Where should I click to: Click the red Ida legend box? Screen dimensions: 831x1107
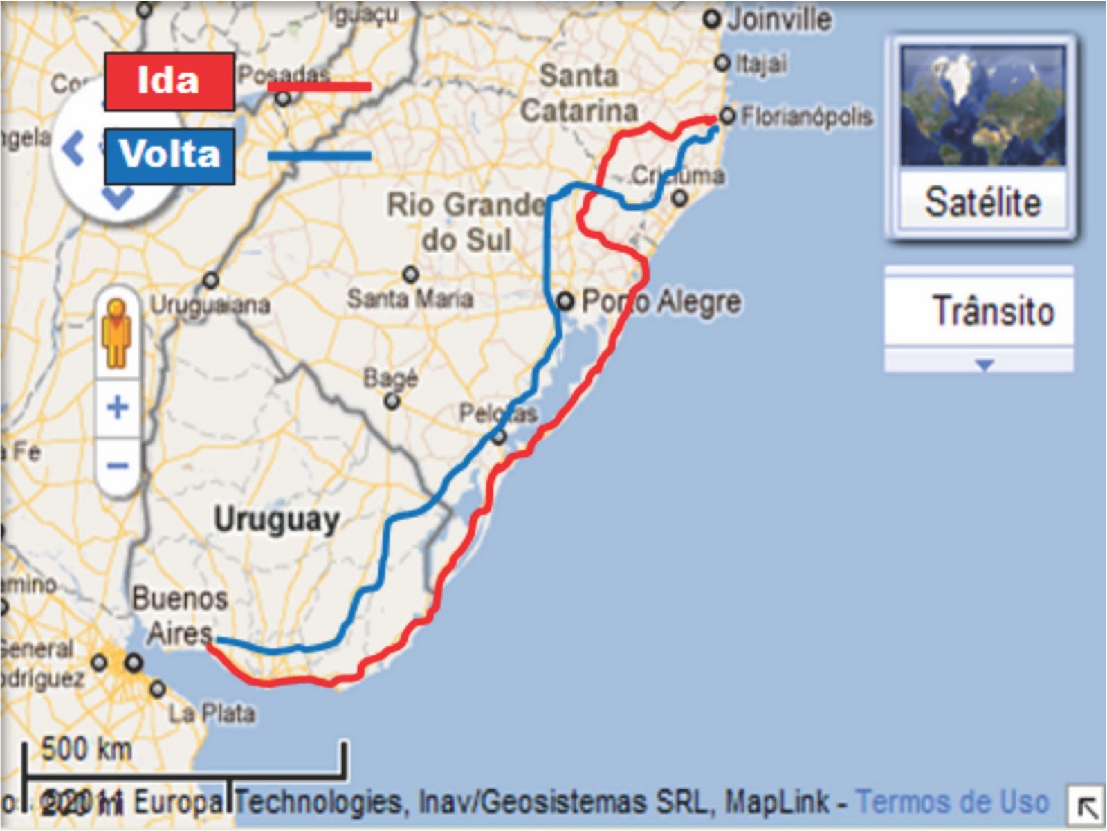coord(170,82)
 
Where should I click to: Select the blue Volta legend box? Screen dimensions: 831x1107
coord(170,155)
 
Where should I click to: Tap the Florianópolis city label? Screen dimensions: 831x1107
coord(807,117)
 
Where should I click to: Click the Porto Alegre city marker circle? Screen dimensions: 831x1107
coord(566,301)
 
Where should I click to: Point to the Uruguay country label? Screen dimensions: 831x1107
coord(276,519)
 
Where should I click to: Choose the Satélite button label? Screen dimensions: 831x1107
coord(982,202)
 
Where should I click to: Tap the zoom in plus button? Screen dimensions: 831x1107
coord(118,407)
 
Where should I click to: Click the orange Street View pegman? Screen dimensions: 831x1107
coord(118,332)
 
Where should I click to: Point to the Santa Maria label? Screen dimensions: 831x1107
coord(410,299)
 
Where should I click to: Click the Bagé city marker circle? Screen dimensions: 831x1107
coord(392,401)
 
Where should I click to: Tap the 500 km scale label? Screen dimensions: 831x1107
coord(86,749)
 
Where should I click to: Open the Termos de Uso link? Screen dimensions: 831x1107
coord(953,802)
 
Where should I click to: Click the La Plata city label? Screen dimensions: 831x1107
coord(212,713)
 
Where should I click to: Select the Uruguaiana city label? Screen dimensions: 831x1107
coord(210,304)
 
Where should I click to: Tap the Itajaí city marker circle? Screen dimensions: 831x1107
coord(722,63)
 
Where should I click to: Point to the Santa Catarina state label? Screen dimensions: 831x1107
coord(578,93)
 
